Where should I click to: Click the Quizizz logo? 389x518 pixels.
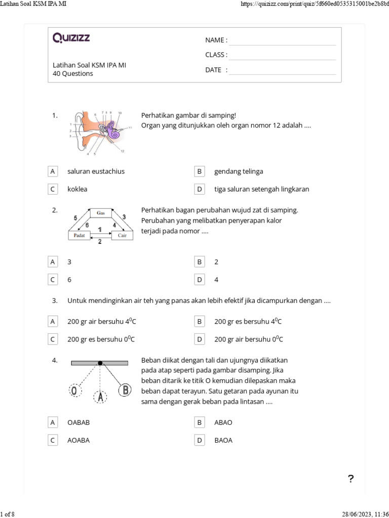pyautogui.click(x=71, y=38)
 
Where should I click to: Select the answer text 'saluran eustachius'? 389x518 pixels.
pyautogui.click(x=96, y=171)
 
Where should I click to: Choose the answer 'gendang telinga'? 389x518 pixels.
pyautogui.click(x=239, y=171)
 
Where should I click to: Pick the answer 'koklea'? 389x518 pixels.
pyautogui.click(x=77, y=189)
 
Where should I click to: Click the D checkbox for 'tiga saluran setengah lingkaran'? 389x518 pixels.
pyautogui.click(x=200, y=189)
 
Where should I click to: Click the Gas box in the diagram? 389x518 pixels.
pyautogui.click(x=101, y=213)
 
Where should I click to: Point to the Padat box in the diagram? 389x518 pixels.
pyautogui.click(x=79, y=236)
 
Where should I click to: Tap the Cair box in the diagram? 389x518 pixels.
pyautogui.click(x=122, y=236)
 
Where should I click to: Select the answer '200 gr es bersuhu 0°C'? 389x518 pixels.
pyautogui.click(x=101, y=339)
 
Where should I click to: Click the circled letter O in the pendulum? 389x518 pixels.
pyautogui.click(x=74, y=391)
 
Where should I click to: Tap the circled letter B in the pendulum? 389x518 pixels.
pyautogui.click(x=125, y=390)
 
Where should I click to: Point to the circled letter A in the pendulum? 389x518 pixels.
pyautogui.click(x=101, y=398)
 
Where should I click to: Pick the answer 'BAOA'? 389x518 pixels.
pyautogui.click(x=223, y=440)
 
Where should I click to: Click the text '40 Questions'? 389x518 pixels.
pyautogui.click(x=73, y=73)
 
